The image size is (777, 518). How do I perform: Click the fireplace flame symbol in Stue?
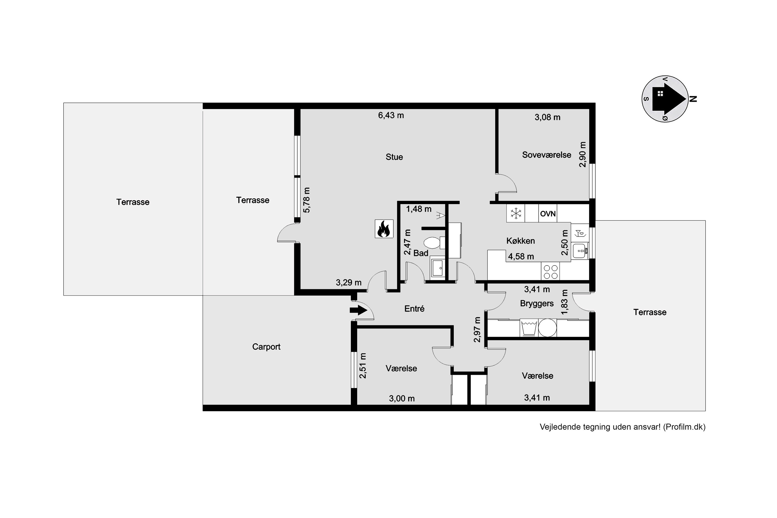(384, 229)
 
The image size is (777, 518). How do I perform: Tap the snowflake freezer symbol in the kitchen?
(515, 213)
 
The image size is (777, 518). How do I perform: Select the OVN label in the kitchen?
(548, 214)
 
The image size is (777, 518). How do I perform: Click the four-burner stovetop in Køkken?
(550, 272)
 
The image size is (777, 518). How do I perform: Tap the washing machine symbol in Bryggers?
(529, 328)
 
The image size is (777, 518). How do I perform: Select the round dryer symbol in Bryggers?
(548, 328)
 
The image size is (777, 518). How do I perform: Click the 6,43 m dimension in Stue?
(391, 115)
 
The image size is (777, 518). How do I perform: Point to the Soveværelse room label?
(546, 155)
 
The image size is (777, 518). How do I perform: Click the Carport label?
(266, 347)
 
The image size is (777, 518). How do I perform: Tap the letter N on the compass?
(693, 99)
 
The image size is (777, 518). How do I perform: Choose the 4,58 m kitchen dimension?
(521, 256)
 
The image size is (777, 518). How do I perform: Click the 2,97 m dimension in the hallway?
(477, 329)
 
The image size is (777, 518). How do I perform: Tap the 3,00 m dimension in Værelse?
(402, 398)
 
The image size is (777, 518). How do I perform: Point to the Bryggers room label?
(537, 303)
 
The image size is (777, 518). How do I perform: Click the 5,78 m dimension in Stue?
(307, 200)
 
